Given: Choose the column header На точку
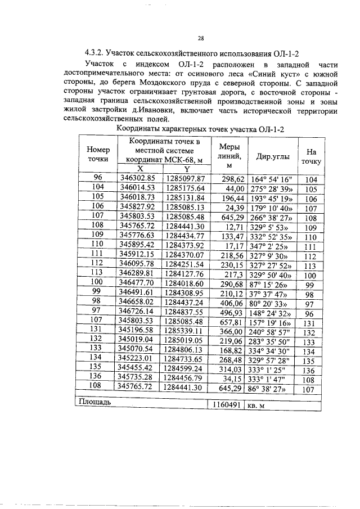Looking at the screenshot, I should pos(311,156).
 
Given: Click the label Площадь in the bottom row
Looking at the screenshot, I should pos(94,402).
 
